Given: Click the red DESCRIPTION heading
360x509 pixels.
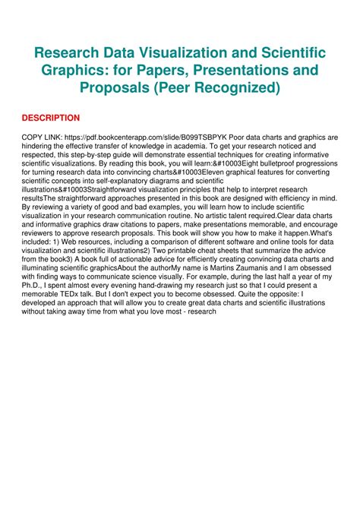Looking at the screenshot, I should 50,118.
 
